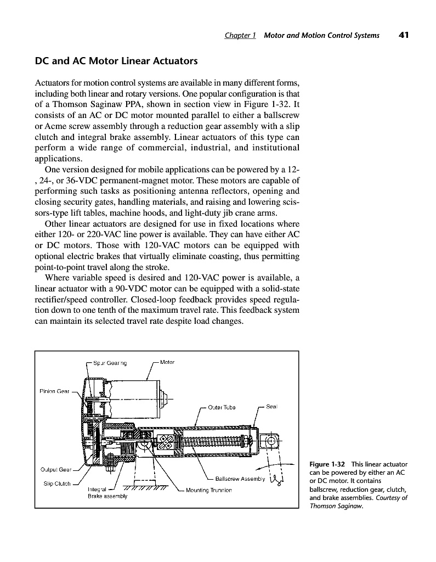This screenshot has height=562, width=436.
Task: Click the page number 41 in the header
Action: click(x=404, y=35)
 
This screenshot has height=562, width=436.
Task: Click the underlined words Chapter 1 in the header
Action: click(x=240, y=36)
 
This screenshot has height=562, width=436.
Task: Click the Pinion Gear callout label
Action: click(x=55, y=391)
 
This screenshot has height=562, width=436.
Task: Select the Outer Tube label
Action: click(x=222, y=407)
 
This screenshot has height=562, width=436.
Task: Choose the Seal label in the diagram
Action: click(x=272, y=407)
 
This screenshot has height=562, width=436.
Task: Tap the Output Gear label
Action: click(x=57, y=469)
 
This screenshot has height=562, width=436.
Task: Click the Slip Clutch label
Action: click(x=57, y=484)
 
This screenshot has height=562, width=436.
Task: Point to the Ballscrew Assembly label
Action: click(x=240, y=477)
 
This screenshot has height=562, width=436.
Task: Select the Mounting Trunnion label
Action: click(x=209, y=490)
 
